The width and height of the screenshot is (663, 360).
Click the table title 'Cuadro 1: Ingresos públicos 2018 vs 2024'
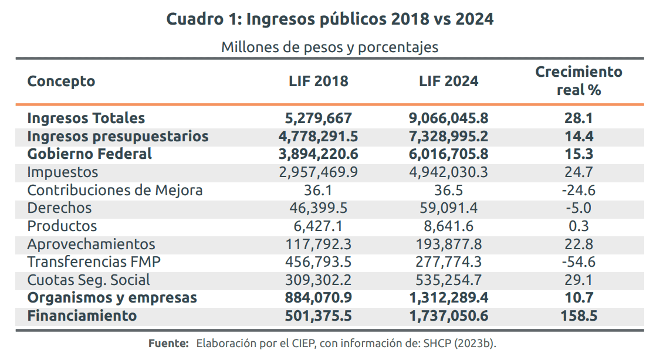[x=330, y=19]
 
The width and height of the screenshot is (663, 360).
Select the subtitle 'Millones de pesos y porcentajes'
[x=330, y=47]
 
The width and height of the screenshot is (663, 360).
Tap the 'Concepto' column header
[x=61, y=81]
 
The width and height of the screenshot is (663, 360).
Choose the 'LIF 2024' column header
[x=448, y=81]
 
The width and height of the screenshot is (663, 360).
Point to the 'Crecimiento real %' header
[x=579, y=81]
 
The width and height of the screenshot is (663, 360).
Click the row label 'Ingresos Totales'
[x=86, y=118]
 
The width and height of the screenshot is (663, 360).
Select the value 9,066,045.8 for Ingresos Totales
[x=448, y=118]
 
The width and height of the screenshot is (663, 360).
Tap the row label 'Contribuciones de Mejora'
[x=115, y=190]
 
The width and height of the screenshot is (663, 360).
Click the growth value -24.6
[x=579, y=190]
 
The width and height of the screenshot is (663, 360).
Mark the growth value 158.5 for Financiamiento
[x=579, y=315]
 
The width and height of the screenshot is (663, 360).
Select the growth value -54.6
[x=579, y=261]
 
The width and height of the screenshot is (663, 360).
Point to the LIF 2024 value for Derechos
[x=448, y=208]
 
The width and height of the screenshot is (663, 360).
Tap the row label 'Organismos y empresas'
[x=112, y=298]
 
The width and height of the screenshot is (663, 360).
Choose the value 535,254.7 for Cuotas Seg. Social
[x=448, y=280]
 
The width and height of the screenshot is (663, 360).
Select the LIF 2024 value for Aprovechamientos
[x=448, y=244]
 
